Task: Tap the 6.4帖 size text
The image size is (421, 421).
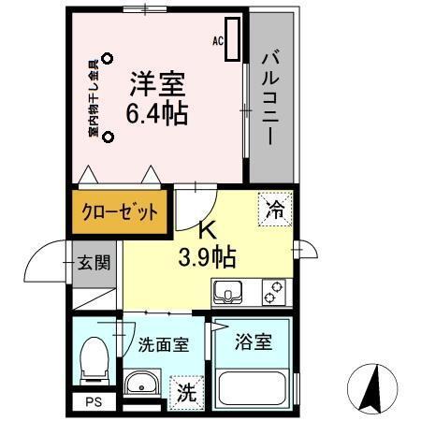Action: click(156, 114)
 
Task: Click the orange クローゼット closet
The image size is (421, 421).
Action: click(119, 211)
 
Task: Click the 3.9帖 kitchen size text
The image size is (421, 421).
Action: click(207, 254)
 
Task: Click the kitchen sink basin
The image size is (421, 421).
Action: click(228, 294)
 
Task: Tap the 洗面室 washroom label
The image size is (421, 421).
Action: click(163, 343)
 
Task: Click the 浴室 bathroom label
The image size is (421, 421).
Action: click(254, 341)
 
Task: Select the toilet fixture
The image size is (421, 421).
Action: click(94, 358)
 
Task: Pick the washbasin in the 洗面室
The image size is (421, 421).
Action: click(143, 385)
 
